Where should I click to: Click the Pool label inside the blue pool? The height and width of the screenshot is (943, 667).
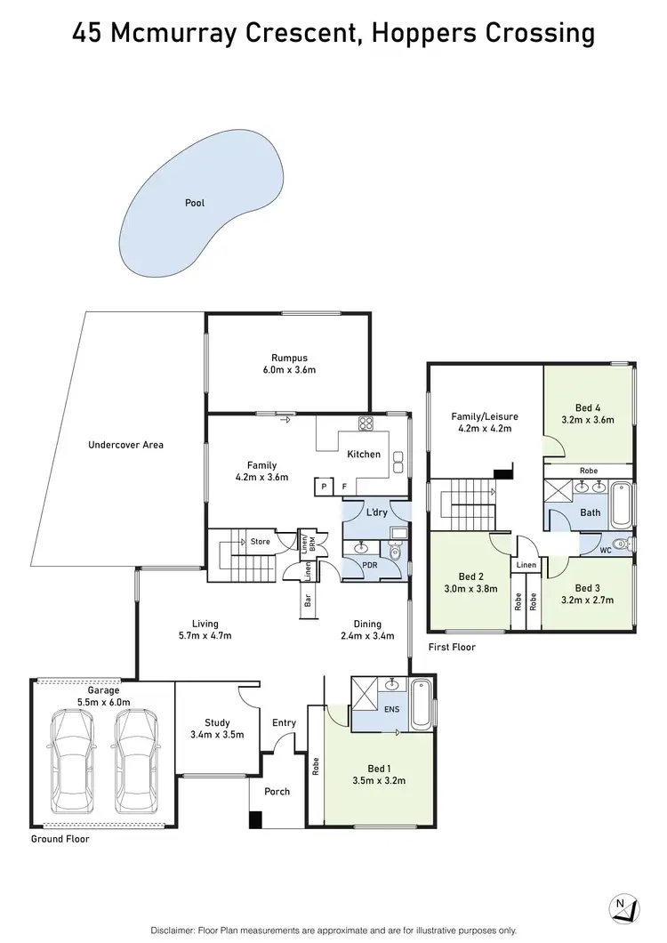coord(195,203)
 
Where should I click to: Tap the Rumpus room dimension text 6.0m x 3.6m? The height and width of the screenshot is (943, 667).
coord(289,369)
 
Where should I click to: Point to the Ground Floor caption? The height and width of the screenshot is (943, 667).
coord(60,839)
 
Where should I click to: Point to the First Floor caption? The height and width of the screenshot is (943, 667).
coord(452,648)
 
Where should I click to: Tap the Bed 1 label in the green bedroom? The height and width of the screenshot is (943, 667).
coord(378,769)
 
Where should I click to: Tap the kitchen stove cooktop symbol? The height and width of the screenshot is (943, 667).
coord(365,423)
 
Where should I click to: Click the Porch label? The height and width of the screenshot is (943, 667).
coord(277,791)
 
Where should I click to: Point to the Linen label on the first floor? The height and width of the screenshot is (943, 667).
coord(526,565)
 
